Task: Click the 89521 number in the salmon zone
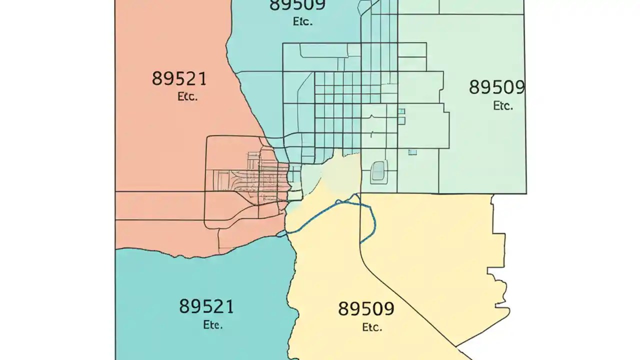pyautogui.click(x=179, y=78)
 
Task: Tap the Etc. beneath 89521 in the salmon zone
pyautogui.click(x=187, y=96)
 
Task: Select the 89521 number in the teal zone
pyautogui.click(x=206, y=306)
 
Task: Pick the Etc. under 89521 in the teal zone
pyautogui.click(x=212, y=324)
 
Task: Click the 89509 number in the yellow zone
pyautogui.click(x=366, y=308)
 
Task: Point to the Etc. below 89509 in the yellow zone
pyautogui.click(x=371, y=327)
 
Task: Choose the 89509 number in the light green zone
pyautogui.click(x=496, y=87)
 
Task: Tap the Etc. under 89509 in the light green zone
pyautogui.click(x=502, y=106)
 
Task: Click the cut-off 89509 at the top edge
pyautogui.click(x=297, y=5)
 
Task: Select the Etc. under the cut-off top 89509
pyautogui.click(x=302, y=21)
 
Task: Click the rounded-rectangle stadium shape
pyautogui.click(x=378, y=171)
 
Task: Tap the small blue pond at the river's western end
pyautogui.click(x=282, y=233)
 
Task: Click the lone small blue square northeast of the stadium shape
pyautogui.click(x=412, y=152)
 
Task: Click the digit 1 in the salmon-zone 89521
pyautogui.click(x=201, y=78)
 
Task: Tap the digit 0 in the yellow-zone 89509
pyautogui.click(x=377, y=308)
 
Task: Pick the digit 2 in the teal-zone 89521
pyautogui.click(x=217, y=306)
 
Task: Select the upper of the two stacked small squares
pyautogui.click(x=401, y=111)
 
